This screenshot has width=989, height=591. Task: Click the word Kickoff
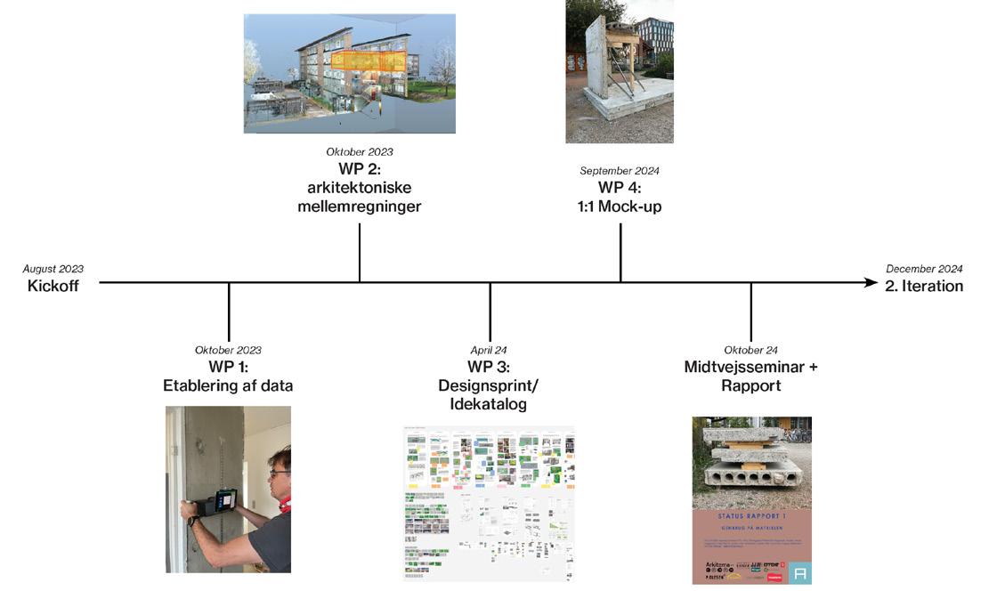click(53, 286)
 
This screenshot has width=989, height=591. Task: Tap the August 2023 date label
click(53, 269)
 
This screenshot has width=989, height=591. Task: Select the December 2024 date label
click(924, 269)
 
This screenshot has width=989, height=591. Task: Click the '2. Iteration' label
click(924, 286)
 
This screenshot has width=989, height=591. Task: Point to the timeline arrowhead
click(871, 283)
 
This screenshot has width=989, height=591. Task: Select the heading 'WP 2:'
click(359, 170)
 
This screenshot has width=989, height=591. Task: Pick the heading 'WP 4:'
click(620, 188)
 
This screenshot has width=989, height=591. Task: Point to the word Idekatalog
click(489, 404)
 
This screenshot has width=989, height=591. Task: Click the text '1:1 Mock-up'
click(620, 206)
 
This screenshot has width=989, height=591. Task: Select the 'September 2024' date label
click(620, 171)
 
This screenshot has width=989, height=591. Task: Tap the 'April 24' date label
click(489, 351)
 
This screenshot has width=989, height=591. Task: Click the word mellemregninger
click(359, 206)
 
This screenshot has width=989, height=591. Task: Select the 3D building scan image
click(349, 73)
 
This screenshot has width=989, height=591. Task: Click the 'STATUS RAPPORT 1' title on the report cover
click(751, 514)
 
